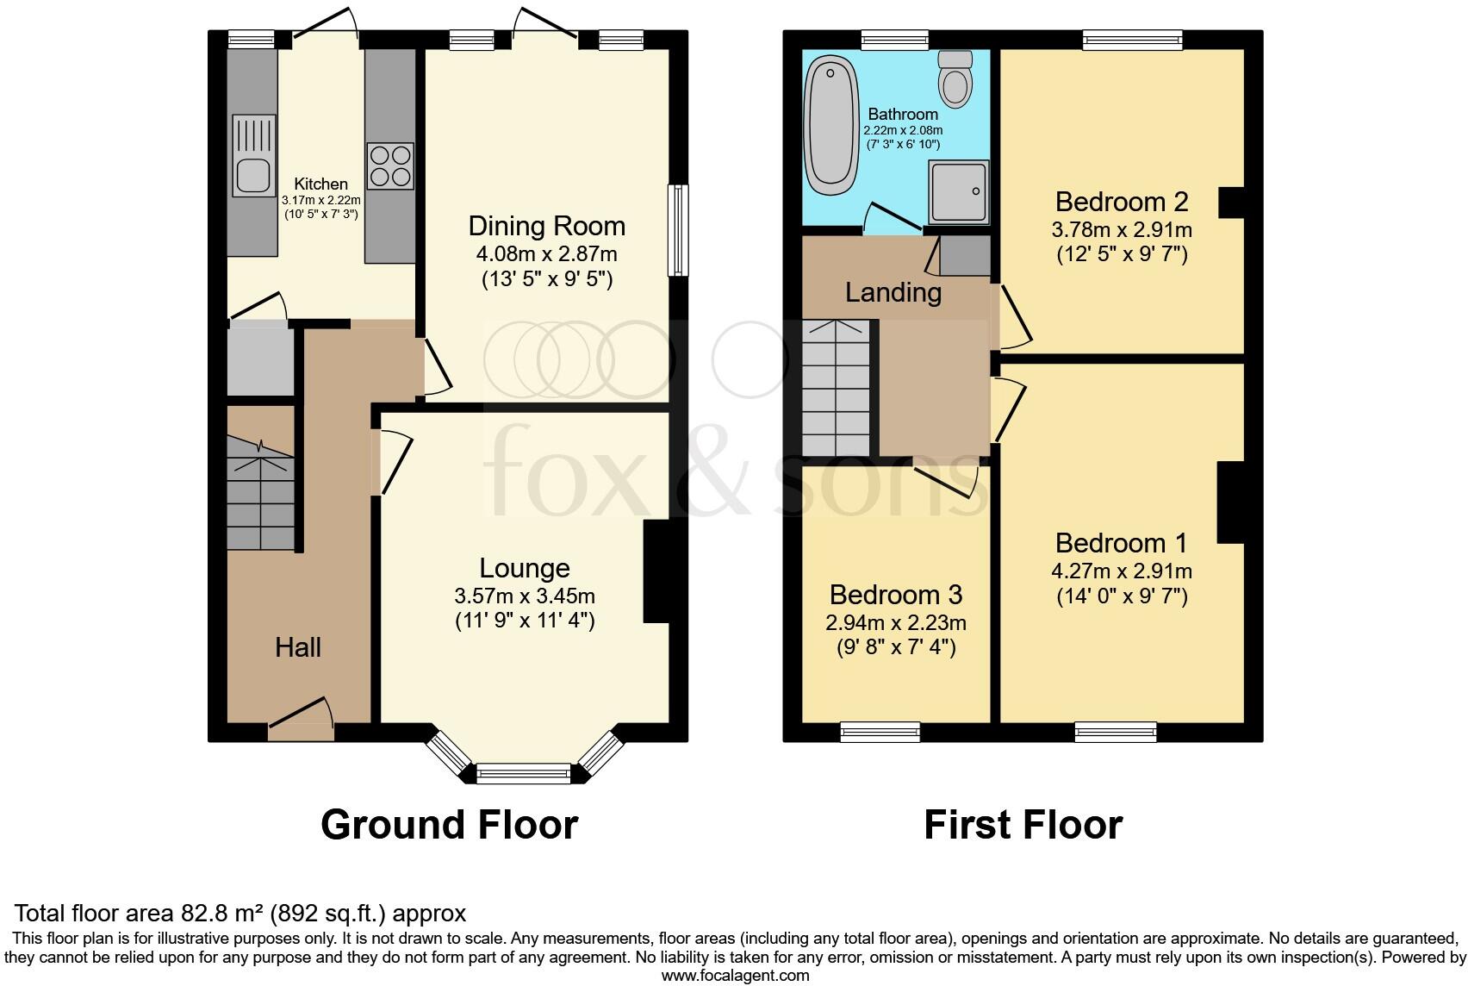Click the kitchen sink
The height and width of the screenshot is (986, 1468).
pyautogui.click(x=253, y=176)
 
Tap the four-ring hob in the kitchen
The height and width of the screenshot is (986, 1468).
pyautogui.click(x=390, y=165)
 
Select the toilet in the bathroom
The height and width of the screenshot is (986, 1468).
pyautogui.click(x=955, y=78)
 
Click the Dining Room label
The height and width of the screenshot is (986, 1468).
pyautogui.click(x=546, y=227)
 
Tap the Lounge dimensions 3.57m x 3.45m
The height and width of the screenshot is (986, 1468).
pyautogui.click(x=525, y=596)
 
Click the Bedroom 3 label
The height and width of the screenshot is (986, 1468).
pyautogui.click(x=895, y=595)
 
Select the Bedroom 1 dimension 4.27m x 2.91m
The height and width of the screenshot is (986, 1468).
pyautogui.click(x=1121, y=571)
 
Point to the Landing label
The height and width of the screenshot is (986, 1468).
pyautogui.click(x=893, y=292)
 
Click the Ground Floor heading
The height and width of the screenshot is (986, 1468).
pyautogui.click(x=449, y=825)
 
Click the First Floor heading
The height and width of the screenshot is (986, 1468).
pyautogui.click(x=1023, y=825)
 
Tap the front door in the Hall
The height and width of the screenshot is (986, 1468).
pyautogui.click(x=300, y=721)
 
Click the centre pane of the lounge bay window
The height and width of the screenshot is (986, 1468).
pyautogui.click(x=524, y=773)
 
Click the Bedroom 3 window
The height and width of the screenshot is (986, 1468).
pyautogui.click(x=880, y=732)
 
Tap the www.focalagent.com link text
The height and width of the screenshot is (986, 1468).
pyautogui.click(x=734, y=976)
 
